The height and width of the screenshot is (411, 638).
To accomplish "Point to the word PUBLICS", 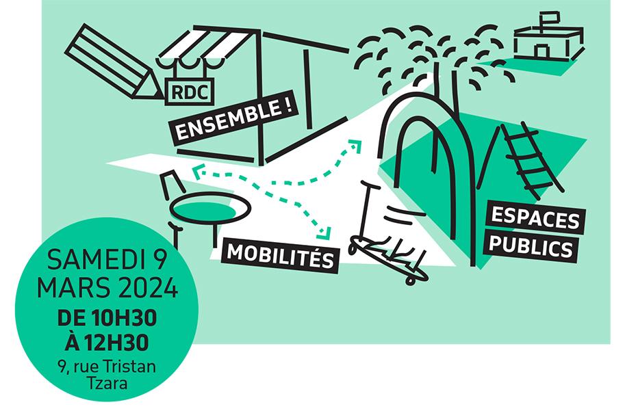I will point(532,248).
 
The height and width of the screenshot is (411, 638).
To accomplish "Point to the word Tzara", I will point(107,383).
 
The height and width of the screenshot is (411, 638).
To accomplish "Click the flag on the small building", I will point(549,16).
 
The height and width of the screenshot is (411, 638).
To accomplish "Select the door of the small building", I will point(541,51).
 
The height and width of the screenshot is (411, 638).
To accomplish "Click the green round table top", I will point(205,205).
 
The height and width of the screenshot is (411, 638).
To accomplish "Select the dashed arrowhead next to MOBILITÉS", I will point(326,233).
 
